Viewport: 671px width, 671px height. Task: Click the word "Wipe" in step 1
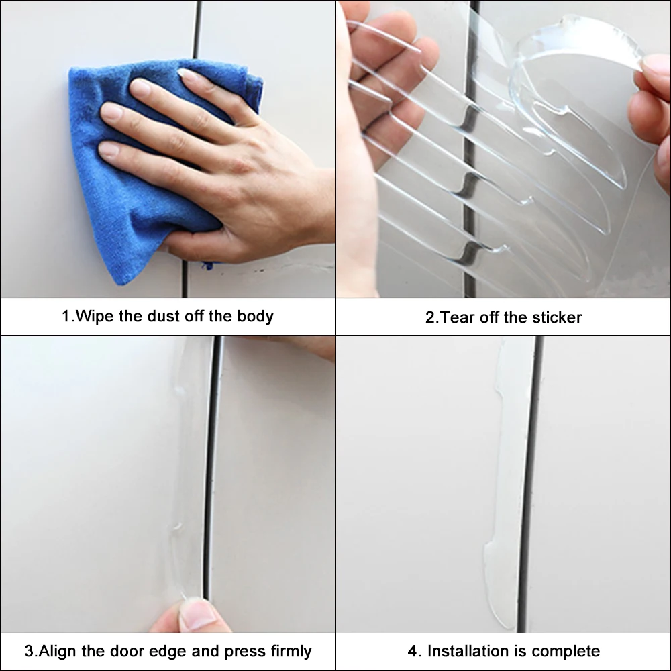(x=95, y=316)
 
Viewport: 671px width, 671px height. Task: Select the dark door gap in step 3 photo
(x=213, y=470)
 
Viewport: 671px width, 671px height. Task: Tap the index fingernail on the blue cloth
(x=140, y=88)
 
